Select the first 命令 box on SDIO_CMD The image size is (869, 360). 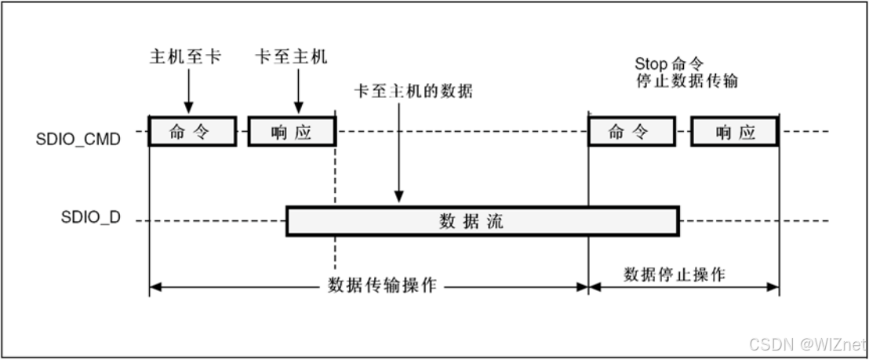click(192, 133)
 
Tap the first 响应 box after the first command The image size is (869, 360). click(291, 133)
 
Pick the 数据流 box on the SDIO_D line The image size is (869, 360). click(482, 221)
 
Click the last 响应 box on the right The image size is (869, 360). click(734, 133)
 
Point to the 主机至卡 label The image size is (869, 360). click(185, 57)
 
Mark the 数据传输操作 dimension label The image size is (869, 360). click(381, 285)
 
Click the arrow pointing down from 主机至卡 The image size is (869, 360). click(188, 93)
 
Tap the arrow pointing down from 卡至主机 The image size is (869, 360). click(298, 93)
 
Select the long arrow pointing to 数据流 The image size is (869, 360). click(399, 153)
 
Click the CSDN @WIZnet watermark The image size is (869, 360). click(806, 344)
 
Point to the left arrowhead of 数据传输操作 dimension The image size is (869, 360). click(155, 287)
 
